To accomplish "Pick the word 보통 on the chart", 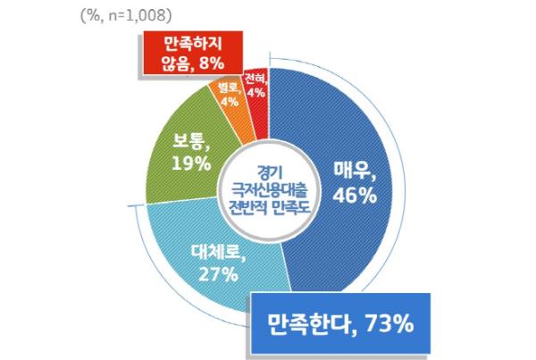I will coord(188,141).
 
